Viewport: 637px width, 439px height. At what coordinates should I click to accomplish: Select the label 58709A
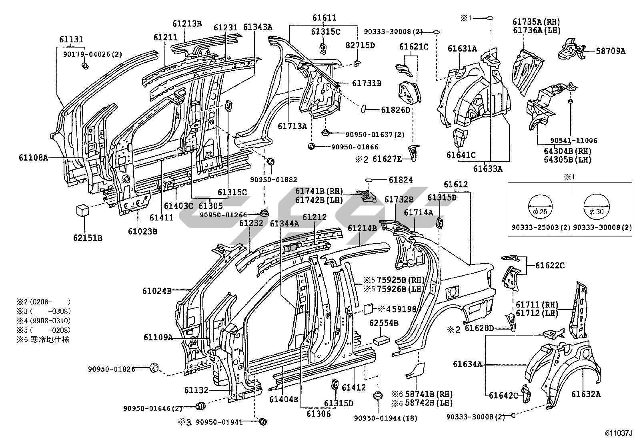coord(610,51)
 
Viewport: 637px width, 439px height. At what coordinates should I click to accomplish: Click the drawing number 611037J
coord(618,433)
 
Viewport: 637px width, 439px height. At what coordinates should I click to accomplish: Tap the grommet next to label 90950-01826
coord(154,368)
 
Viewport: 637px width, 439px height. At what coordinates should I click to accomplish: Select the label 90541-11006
coord(574,140)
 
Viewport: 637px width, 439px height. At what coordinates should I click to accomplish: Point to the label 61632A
coord(586,394)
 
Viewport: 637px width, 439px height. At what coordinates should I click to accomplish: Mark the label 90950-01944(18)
coord(385,418)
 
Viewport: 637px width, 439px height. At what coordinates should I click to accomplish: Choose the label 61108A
coord(33,157)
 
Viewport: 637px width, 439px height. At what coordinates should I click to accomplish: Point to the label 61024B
coord(157,291)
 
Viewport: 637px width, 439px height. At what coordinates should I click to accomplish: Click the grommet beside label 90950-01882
coord(271,162)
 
